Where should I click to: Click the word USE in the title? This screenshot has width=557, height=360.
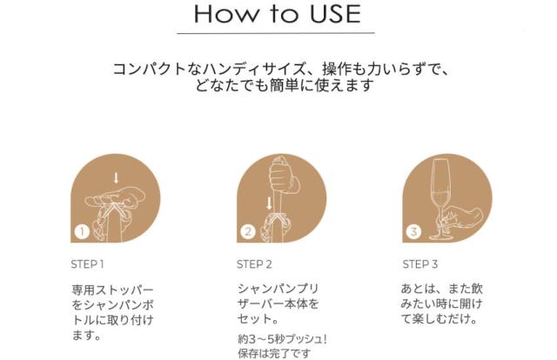[335, 14]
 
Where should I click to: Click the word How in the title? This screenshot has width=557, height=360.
[226, 14]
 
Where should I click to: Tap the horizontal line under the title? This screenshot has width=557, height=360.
[276, 33]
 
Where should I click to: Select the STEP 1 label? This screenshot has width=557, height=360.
[87, 264]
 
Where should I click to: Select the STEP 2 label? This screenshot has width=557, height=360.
[254, 264]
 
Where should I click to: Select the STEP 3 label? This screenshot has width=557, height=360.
[419, 264]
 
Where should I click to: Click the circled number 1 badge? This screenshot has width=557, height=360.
[82, 232]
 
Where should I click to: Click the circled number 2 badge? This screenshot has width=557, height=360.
[248, 232]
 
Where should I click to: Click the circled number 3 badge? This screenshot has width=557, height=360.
[413, 232]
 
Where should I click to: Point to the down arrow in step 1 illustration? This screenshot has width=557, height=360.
[116, 178]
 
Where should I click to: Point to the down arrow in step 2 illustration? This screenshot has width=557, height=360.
[269, 203]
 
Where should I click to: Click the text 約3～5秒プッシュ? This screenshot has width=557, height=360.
[282, 339]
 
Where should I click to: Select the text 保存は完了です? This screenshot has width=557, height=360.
[274, 354]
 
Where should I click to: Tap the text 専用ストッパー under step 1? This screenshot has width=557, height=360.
[112, 290]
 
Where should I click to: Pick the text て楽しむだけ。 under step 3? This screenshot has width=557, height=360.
[439, 319]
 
